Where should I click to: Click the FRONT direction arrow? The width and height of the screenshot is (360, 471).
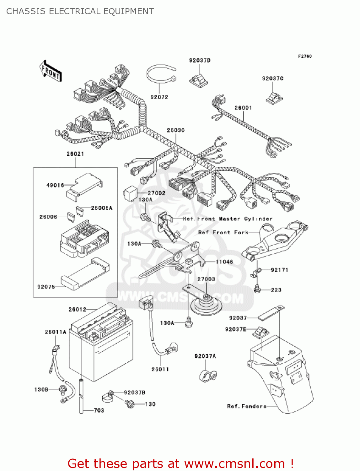point(51,71)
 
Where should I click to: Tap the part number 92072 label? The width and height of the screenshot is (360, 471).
point(159,97)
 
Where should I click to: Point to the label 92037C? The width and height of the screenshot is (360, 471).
point(272,78)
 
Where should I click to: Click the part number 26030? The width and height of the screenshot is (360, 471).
point(175,130)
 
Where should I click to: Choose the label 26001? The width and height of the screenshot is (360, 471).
point(243,108)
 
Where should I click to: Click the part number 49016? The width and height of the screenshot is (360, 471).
point(55,185)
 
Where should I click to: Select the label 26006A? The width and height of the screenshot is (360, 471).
point(101,208)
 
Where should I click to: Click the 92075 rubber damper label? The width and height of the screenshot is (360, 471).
point(46,287)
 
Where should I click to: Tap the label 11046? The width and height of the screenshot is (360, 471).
point(224,262)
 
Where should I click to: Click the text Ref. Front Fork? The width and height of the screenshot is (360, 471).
point(223,232)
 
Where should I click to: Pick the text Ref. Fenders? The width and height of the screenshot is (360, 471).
point(247,406)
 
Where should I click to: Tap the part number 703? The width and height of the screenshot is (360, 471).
point(99,410)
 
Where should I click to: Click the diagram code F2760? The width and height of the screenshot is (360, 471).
point(305,56)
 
